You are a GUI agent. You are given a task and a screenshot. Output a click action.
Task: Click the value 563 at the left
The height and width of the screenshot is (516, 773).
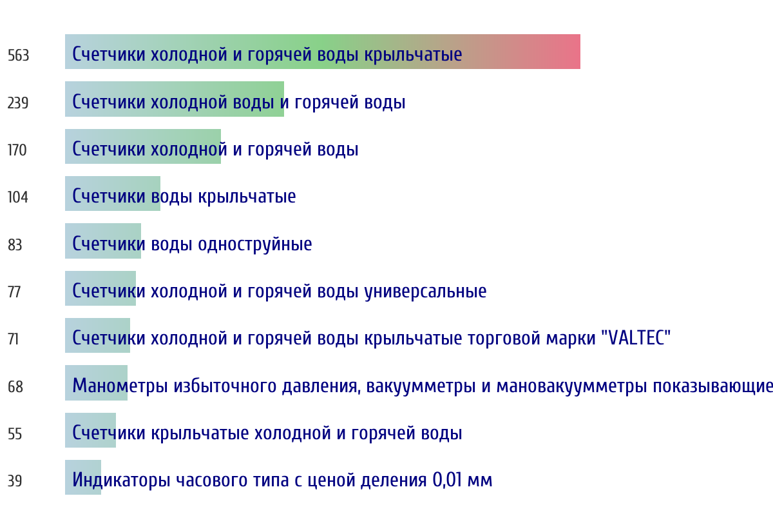18,55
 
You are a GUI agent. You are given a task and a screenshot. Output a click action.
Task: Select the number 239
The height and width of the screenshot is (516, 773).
18,103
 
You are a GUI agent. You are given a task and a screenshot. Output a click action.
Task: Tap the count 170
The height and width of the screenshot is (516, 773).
17,150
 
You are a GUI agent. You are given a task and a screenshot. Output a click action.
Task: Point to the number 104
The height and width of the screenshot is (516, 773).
18,197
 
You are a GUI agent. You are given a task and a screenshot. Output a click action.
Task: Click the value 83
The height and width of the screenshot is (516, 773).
15,244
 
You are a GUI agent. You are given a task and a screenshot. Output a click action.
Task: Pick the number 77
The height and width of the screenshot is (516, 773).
14,292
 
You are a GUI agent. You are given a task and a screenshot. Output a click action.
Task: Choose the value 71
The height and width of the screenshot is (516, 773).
13,339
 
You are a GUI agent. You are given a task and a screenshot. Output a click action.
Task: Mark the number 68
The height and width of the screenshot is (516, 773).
15,386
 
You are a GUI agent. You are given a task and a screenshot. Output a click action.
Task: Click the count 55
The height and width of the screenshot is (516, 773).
15,433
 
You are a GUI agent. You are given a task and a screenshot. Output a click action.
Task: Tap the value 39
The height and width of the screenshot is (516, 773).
15,481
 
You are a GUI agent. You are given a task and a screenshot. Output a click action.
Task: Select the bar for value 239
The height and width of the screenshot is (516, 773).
175,99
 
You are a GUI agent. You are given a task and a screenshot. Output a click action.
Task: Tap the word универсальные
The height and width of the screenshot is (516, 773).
426,291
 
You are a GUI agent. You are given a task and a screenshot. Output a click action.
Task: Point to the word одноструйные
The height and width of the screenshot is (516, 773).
255,244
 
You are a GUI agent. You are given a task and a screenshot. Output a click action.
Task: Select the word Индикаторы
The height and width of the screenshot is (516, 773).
122,480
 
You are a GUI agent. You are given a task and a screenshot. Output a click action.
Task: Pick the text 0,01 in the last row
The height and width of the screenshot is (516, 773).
447,480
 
